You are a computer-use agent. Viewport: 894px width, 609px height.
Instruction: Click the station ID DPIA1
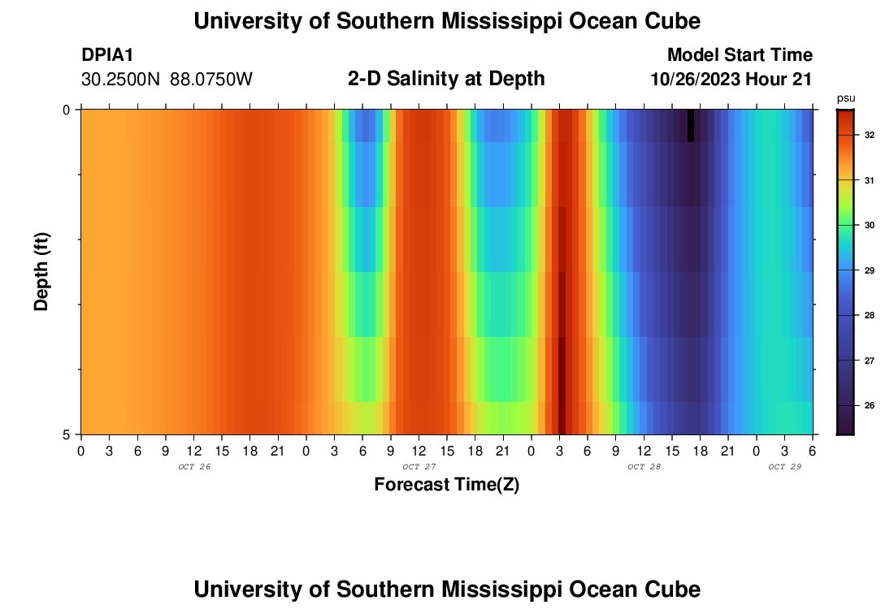[x=107, y=55]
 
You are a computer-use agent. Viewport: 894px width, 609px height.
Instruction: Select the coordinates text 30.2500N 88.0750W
[x=167, y=80]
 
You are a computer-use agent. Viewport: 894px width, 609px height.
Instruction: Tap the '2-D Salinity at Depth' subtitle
[x=446, y=79]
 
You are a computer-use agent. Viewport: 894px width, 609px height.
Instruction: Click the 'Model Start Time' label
[x=740, y=55]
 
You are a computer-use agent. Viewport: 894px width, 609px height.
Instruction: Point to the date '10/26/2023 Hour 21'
[x=731, y=80]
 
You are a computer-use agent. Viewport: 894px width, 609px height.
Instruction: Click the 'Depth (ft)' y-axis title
[x=41, y=271]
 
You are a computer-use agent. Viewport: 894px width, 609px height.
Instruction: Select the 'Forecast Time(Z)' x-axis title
[x=446, y=485]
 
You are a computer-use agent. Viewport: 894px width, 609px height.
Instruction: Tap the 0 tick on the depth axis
[x=67, y=110]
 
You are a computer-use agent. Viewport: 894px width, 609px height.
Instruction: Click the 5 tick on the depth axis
[x=67, y=434]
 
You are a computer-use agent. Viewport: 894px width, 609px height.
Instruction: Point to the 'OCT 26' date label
[x=193, y=467]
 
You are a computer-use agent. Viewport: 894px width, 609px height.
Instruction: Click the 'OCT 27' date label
[x=419, y=467]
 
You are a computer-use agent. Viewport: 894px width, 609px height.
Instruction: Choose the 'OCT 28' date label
[x=644, y=467]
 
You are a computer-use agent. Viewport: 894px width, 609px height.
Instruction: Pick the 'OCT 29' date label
[x=784, y=467]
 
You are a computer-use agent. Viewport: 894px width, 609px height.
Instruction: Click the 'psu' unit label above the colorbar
[x=845, y=97]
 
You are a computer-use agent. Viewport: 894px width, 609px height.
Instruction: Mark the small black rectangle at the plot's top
[x=691, y=126]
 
